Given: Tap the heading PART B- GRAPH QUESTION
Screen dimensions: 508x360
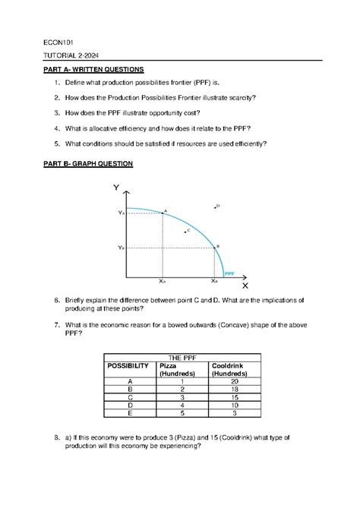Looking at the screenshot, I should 87,164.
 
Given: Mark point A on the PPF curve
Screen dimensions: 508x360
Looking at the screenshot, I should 162,213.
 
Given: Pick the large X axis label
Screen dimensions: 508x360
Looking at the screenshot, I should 245,286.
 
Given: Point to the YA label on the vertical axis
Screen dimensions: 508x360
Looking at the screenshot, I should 121,214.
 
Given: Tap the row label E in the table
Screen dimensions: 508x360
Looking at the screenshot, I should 131,414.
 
